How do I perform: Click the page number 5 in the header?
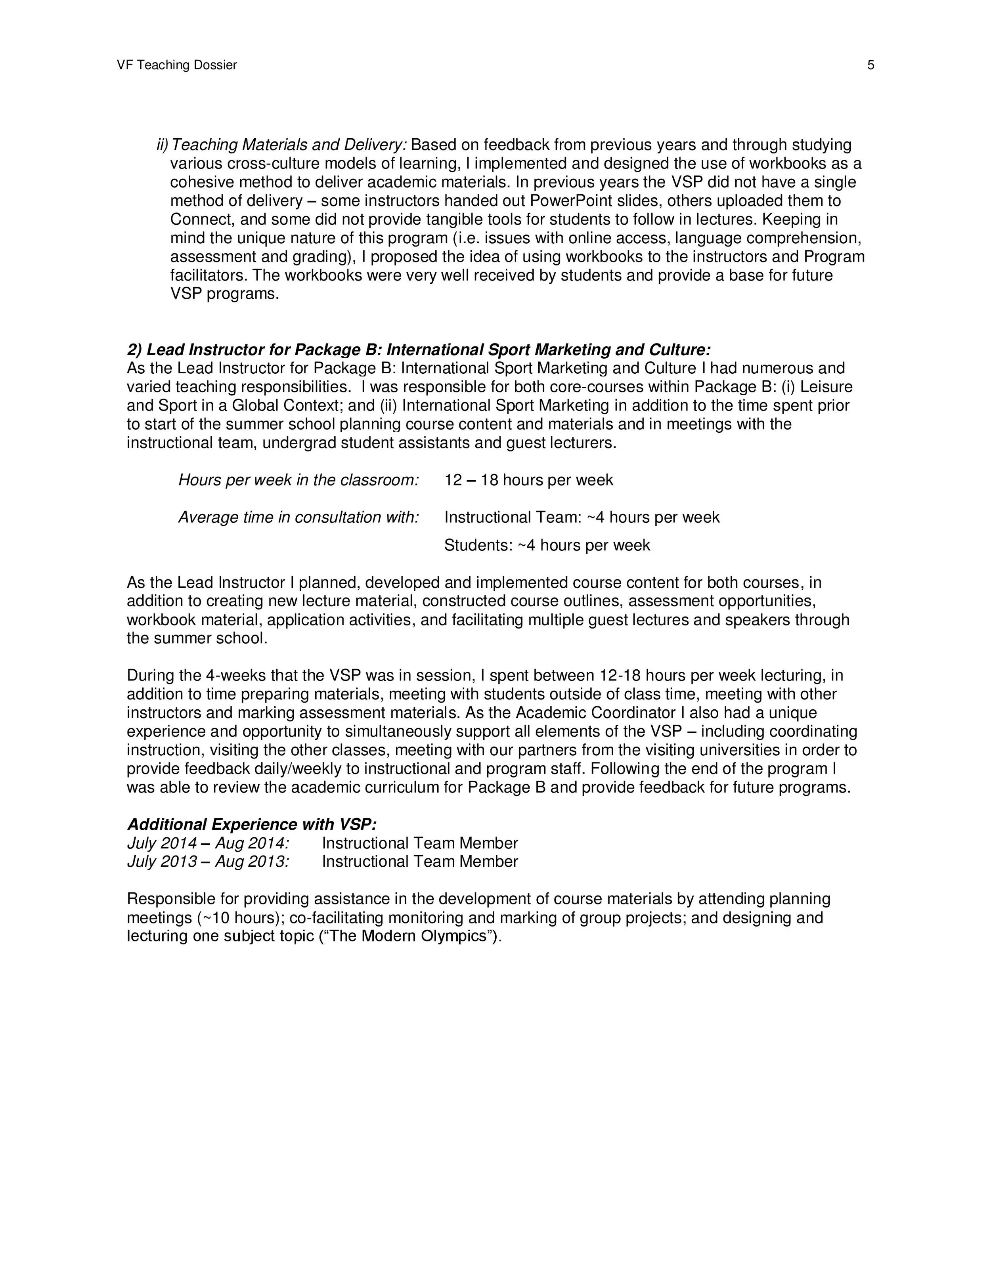[x=870, y=65]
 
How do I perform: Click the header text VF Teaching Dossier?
[x=177, y=65]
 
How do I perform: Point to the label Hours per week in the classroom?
[x=298, y=480]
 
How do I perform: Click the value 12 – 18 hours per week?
[x=528, y=480]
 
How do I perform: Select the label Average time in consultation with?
[x=298, y=517]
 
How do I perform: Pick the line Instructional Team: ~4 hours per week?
[x=581, y=517]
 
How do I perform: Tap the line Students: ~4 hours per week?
[x=547, y=545]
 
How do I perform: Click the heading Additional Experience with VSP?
[x=252, y=825]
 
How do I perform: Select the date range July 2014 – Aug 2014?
[x=208, y=844]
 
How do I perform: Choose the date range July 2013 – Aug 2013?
[x=208, y=862]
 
